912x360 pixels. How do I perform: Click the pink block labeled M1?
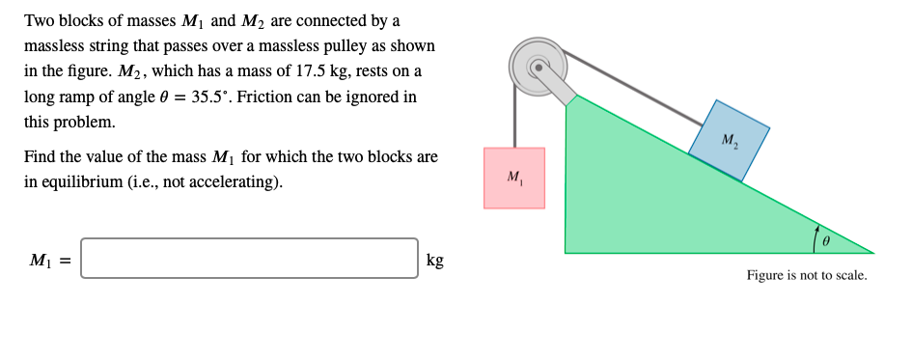coord(513,178)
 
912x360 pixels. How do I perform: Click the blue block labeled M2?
coord(729,141)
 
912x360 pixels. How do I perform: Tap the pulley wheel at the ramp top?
coord(538,66)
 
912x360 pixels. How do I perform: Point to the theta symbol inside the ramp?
coord(826,239)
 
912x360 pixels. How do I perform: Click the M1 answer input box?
coord(249,258)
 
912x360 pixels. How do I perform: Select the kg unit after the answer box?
coord(435,260)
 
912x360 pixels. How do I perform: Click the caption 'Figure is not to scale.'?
coord(806,275)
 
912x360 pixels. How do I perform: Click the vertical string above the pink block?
coord(514,121)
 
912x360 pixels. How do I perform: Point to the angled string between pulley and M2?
coord(637,88)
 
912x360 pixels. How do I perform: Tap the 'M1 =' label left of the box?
coord(48,260)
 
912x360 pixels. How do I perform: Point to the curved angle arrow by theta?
coord(816,237)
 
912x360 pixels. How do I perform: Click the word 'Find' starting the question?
coord(40,156)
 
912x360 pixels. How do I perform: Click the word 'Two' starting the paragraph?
coord(39,21)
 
